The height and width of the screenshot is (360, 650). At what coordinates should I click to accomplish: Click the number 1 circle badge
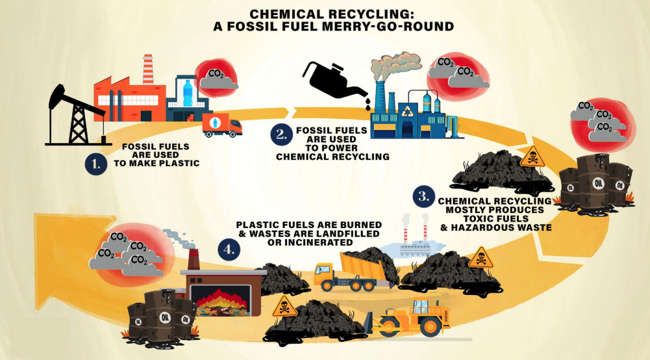(x=95, y=164)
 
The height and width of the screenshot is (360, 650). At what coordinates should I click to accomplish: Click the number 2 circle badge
(x=281, y=135)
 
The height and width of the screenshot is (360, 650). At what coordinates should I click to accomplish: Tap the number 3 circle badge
(x=423, y=196)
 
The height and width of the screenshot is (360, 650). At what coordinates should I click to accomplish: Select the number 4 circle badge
(x=230, y=249)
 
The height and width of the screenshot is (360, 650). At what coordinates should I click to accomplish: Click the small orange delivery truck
(x=221, y=124)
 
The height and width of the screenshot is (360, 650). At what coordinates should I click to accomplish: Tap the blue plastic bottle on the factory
(x=188, y=93)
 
